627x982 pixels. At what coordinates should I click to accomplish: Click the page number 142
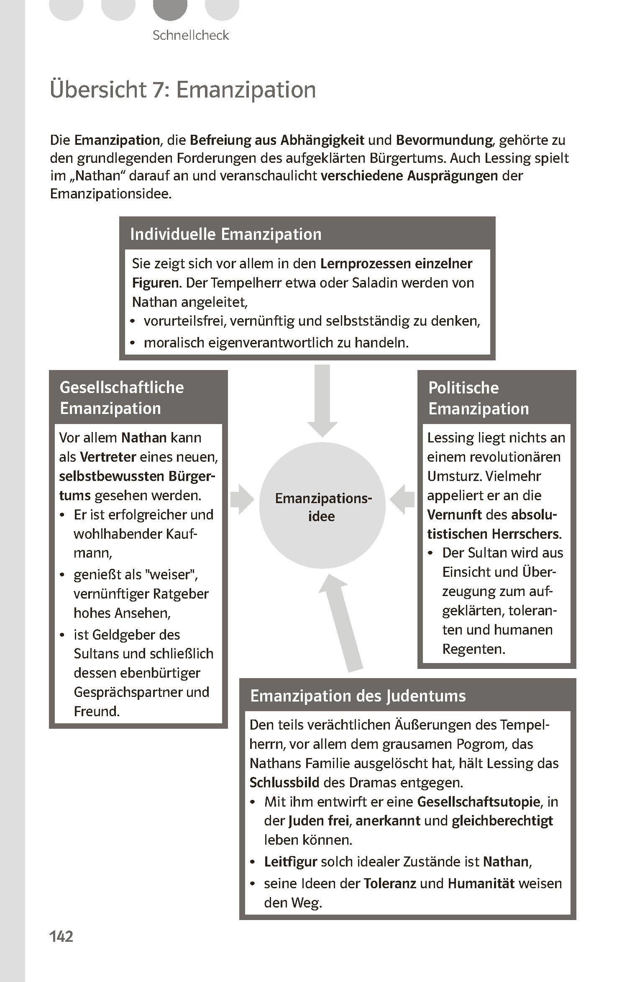pos(61,936)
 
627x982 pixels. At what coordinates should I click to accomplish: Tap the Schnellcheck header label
pos(191,35)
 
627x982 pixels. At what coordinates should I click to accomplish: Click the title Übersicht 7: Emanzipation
pos(183,90)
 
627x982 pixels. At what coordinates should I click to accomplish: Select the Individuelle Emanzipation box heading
pos(226,234)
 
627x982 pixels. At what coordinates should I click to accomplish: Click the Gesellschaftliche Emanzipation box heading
pos(122,398)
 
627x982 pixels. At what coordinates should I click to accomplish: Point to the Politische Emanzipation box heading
pos(479,398)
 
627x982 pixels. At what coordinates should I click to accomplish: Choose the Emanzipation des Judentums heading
pos(358,696)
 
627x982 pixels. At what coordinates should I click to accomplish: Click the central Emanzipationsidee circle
pos(322,507)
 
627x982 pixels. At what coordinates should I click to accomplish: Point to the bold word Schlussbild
pos(284,782)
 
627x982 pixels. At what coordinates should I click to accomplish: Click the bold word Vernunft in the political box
pos(455,515)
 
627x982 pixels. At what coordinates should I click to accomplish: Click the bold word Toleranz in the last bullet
pos(390,884)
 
